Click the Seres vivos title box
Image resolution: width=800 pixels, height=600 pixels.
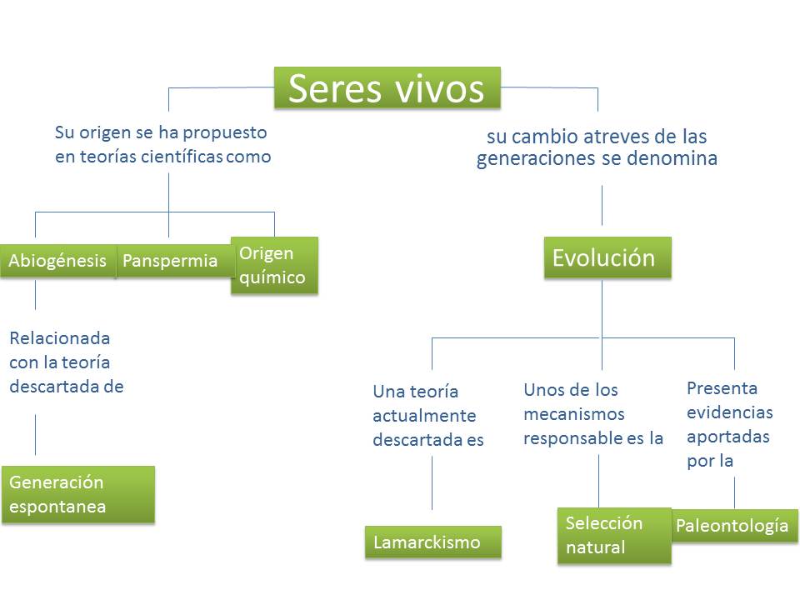pyautogui.click(x=387, y=88)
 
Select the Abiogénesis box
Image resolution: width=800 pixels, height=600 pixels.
pyautogui.click(x=57, y=261)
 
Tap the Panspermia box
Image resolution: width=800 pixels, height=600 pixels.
pyautogui.click(x=170, y=261)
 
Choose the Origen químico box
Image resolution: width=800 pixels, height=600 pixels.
pyautogui.click(x=273, y=265)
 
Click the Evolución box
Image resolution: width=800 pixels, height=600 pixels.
pyautogui.click(x=607, y=257)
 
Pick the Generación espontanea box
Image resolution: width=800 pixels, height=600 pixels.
pyautogui.click(x=77, y=494)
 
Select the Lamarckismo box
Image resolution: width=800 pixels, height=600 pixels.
pyautogui.click(x=432, y=542)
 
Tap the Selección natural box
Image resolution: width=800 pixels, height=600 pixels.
pyautogui.click(x=613, y=535)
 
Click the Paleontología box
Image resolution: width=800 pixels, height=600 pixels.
pyautogui.click(x=732, y=526)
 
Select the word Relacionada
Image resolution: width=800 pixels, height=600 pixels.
pyautogui.click(x=60, y=338)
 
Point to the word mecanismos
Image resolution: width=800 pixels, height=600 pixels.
pyautogui.click(x=574, y=413)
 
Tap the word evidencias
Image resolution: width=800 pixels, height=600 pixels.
pyautogui.click(x=730, y=412)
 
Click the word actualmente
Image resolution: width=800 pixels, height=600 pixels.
pyautogui.click(x=424, y=416)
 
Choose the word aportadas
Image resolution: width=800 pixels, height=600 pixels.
pyautogui.click(x=728, y=437)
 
